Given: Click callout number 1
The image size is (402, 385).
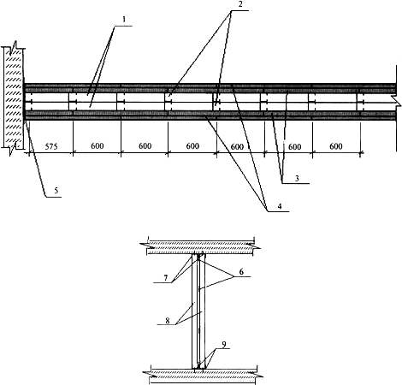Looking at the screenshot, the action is (124, 20).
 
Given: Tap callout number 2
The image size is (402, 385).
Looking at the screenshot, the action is (239, 4).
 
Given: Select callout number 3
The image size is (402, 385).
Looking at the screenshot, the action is (297, 179).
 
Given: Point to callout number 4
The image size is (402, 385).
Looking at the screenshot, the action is (280, 206).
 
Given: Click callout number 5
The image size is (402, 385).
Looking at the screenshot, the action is (56, 191).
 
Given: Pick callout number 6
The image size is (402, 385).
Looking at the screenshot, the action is (241, 271).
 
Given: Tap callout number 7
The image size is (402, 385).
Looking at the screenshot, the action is (166, 277).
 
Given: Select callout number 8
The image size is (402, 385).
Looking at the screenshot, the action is (168, 320).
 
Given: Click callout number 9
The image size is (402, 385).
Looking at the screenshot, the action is (224, 345).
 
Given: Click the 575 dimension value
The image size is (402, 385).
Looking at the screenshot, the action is (51, 146).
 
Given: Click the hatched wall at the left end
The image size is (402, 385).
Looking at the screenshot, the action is (14, 98).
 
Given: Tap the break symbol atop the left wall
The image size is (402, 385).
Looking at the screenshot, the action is (13, 48).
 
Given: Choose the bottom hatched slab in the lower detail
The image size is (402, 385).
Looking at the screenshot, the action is (203, 373).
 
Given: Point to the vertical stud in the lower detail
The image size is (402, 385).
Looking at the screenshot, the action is (198, 311).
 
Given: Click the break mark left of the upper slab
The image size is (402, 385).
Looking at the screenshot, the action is (145, 245).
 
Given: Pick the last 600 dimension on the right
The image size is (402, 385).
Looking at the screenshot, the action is (336, 146).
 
